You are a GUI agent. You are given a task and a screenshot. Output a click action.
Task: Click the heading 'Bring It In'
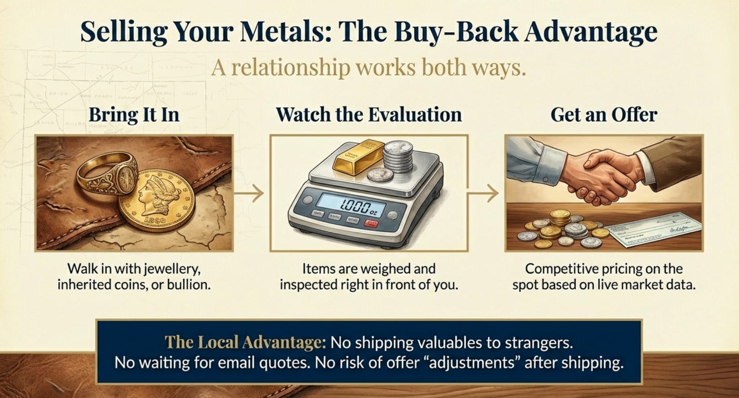(x=134, y=115)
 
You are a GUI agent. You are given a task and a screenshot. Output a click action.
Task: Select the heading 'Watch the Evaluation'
(x=369, y=115)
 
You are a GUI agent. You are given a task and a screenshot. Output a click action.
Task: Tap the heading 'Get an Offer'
(x=603, y=115)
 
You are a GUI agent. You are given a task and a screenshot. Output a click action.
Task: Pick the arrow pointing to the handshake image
(x=483, y=194)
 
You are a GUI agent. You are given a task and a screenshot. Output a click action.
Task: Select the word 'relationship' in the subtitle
(x=290, y=67)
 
